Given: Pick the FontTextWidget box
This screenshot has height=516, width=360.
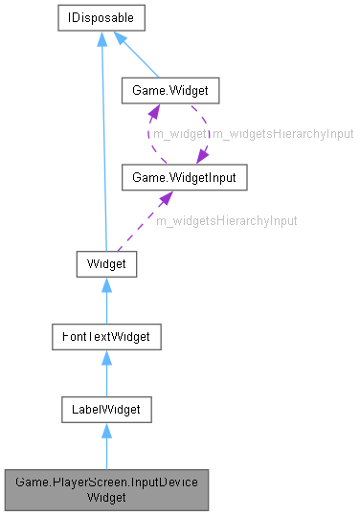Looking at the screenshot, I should pyautogui.click(x=105, y=337).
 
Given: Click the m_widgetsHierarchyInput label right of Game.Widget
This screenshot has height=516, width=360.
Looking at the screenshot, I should pyautogui.click(x=282, y=135).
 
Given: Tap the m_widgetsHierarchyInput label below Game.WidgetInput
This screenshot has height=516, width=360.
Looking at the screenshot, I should pyautogui.click(x=226, y=220).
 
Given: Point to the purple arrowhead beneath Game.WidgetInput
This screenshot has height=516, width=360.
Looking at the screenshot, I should pyautogui.click(x=166, y=198).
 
